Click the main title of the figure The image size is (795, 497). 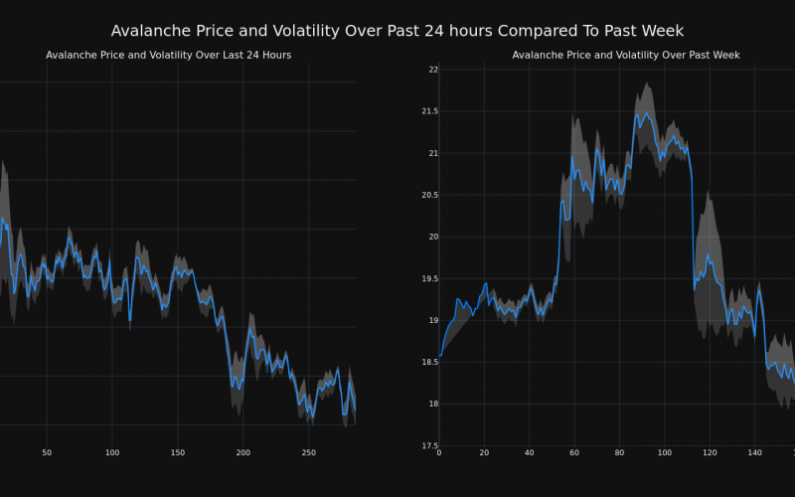(x=397, y=31)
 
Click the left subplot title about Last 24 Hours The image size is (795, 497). (x=168, y=55)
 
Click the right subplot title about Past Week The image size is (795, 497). (x=626, y=55)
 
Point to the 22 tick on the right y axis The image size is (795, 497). (x=433, y=70)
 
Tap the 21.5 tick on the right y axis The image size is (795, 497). (x=429, y=111)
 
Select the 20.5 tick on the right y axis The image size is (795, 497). (x=429, y=195)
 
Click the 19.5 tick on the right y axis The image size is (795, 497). (x=429, y=278)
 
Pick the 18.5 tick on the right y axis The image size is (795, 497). (x=429, y=362)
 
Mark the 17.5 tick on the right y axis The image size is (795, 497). (x=429, y=445)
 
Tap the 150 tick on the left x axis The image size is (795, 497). (x=177, y=453)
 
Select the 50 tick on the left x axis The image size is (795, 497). (x=47, y=453)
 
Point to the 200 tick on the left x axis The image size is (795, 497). (x=242, y=453)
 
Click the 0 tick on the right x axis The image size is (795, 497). (x=439, y=453)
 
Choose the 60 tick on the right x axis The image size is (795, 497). (x=574, y=453)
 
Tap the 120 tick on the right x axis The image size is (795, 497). (x=710, y=453)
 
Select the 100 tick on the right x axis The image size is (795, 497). (x=664, y=453)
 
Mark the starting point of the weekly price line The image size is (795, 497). (x=440, y=356)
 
